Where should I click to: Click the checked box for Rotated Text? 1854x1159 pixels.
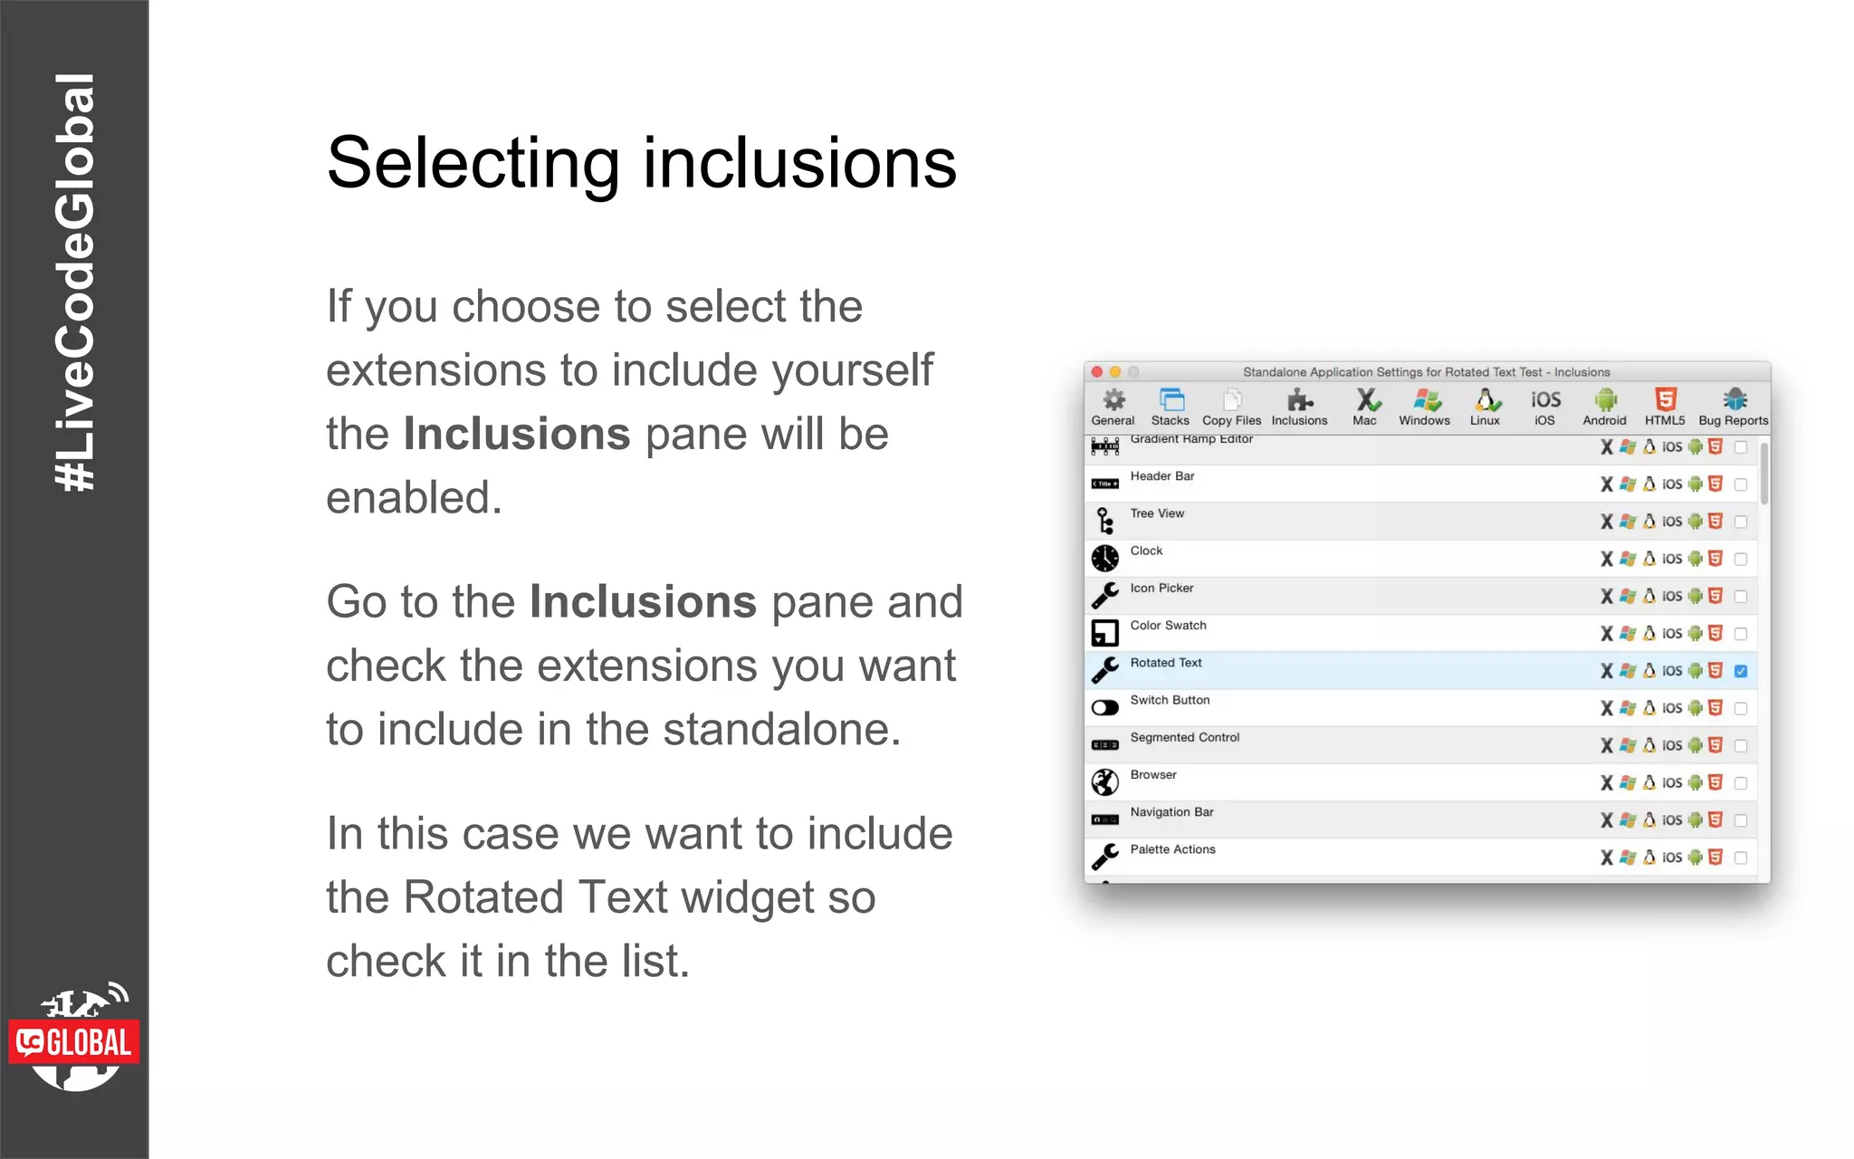click(x=1740, y=671)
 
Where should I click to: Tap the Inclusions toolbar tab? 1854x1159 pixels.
click(x=1299, y=407)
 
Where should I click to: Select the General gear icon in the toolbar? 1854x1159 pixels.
click(x=1113, y=400)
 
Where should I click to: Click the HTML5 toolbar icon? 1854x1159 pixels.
click(x=1665, y=400)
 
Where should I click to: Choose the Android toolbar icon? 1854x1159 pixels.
click(x=1604, y=400)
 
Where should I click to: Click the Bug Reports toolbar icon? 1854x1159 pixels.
click(x=1734, y=400)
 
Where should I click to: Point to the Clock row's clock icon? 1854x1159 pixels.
click(x=1104, y=559)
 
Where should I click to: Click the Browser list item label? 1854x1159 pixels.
click(x=1153, y=775)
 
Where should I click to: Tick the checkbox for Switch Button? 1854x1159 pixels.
click(x=1740, y=708)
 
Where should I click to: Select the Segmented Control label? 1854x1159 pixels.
click(x=1184, y=738)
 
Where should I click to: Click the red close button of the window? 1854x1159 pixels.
click(x=1097, y=372)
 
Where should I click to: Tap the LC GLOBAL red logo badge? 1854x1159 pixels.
click(x=74, y=1042)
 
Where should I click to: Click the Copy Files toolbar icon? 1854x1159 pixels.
click(x=1231, y=400)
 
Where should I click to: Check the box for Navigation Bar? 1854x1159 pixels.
click(x=1740, y=820)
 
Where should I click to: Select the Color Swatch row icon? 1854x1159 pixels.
click(x=1104, y=633)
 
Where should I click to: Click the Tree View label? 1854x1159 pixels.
click(x=1157, y=513)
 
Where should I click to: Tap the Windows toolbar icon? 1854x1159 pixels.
click(x=1425, y=400)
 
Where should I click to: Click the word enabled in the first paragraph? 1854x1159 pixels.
click(x=414, y=498)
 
